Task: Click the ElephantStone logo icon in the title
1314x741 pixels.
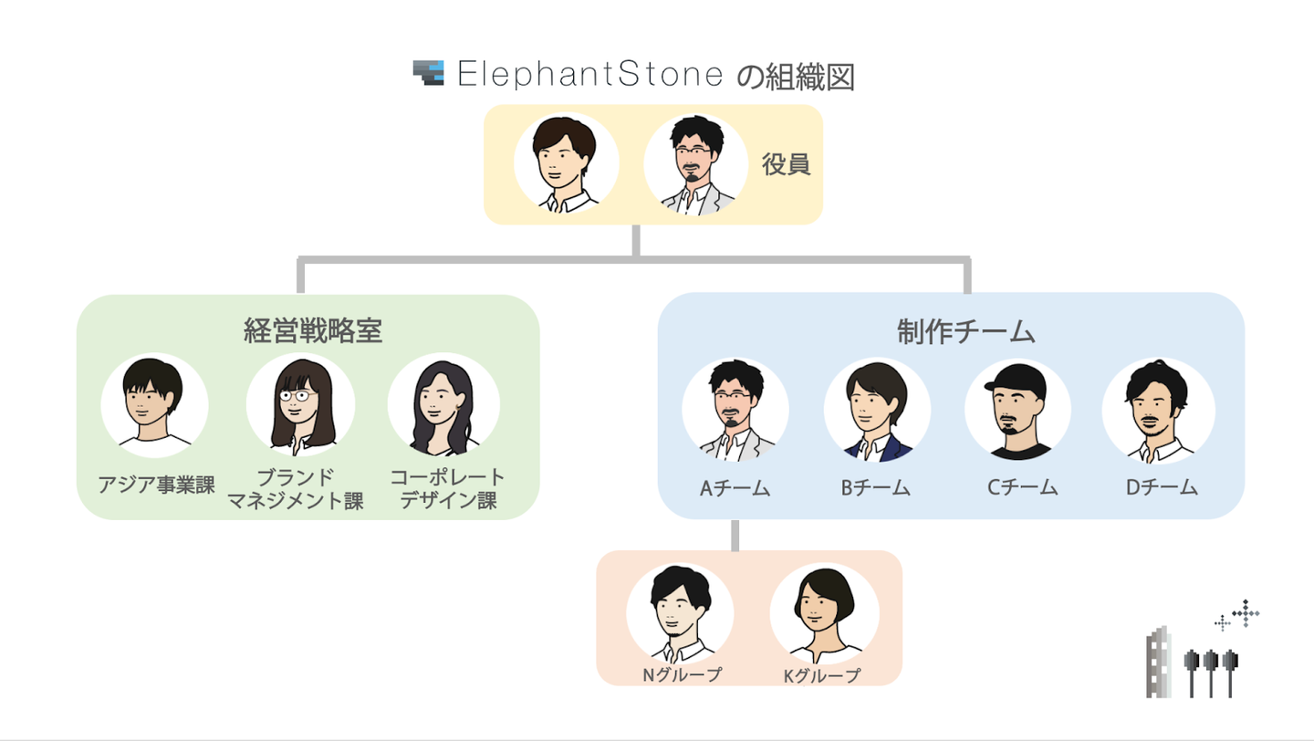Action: coord(428,73)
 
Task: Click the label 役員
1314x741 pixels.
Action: coord(786,165)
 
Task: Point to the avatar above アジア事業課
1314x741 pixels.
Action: coord(155,405)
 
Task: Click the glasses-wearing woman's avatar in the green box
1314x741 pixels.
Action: coord(300,406)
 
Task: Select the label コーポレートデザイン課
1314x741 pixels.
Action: coord(447,489)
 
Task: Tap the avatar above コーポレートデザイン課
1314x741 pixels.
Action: coord(443,406)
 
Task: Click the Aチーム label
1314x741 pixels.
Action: coord(735,487)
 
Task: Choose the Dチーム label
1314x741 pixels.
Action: coord(1161,487)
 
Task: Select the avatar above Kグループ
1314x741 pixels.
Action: coord(824,613)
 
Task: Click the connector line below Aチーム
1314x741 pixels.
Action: coord(735,535)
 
